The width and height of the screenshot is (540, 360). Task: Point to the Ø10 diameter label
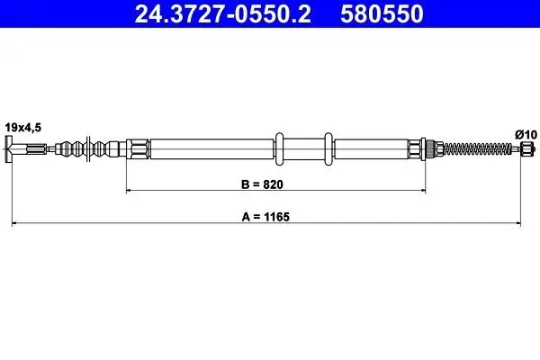click(x=526, y=134)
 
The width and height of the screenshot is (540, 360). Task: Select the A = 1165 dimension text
click(x=270, y=216)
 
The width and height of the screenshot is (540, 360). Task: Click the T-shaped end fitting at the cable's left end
click(x=11, y=148)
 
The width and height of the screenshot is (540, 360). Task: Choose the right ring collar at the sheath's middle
click(x=327, y=148)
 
